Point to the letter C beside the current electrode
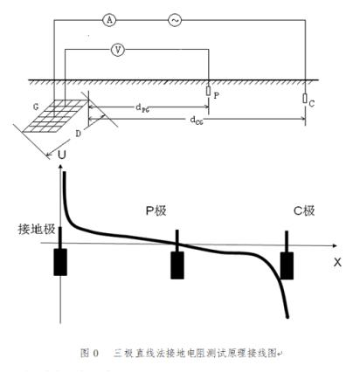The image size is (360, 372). [312, 103]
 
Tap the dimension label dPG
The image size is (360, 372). [144, 107]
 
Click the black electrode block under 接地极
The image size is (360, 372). [59, 262]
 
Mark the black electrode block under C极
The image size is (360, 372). [288, 265]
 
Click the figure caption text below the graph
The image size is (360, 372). [178, 353]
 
